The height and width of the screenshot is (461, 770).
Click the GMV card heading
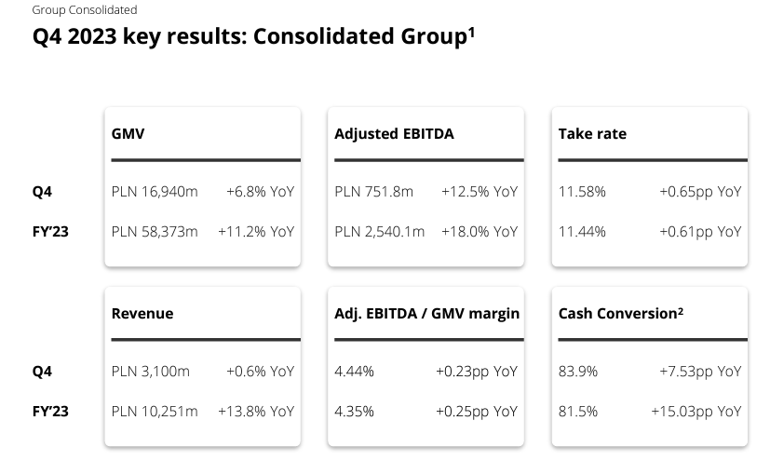coord(128,134)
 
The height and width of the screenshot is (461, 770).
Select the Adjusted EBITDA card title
coord(394,134)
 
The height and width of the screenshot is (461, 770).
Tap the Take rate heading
coord(592,134)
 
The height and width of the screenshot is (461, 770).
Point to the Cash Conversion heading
coord(620,314)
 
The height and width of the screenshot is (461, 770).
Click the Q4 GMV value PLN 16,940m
coord(155,192)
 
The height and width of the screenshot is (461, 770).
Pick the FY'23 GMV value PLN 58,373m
coord(155,231)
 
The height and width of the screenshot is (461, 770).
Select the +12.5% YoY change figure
coord(479,192)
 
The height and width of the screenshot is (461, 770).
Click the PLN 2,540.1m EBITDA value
coord(380,231)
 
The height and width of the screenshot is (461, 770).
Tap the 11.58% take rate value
coord(582,192)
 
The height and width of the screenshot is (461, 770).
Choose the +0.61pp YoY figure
coord(700,231)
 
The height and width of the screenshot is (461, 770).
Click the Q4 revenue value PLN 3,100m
coord(151,372)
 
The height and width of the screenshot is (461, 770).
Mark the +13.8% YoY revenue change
coord(255,411)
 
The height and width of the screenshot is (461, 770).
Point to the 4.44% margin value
coord(355,372)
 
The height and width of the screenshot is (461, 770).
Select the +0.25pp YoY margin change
coord(476,411)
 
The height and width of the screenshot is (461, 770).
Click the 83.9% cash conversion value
coord(578,372)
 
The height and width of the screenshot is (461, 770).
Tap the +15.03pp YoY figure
coord(696,411)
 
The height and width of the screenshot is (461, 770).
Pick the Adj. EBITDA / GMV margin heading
coord(426,314)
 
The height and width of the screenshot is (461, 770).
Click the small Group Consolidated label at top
coord(84,10)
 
